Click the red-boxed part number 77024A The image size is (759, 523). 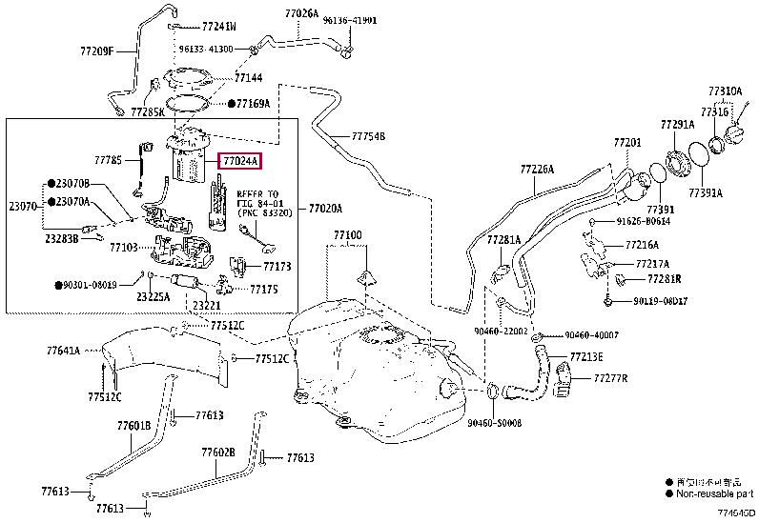239,162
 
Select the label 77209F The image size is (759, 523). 95,50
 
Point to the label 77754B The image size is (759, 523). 367,136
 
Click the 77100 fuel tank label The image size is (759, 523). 348,234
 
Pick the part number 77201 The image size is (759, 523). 627,143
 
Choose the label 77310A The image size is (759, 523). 725,91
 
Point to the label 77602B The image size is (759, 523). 217,453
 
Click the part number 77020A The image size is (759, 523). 325,208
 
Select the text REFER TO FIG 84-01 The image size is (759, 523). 251,197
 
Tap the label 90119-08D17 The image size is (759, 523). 660,302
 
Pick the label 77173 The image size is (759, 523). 277,267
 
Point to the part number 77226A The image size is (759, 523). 536,169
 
